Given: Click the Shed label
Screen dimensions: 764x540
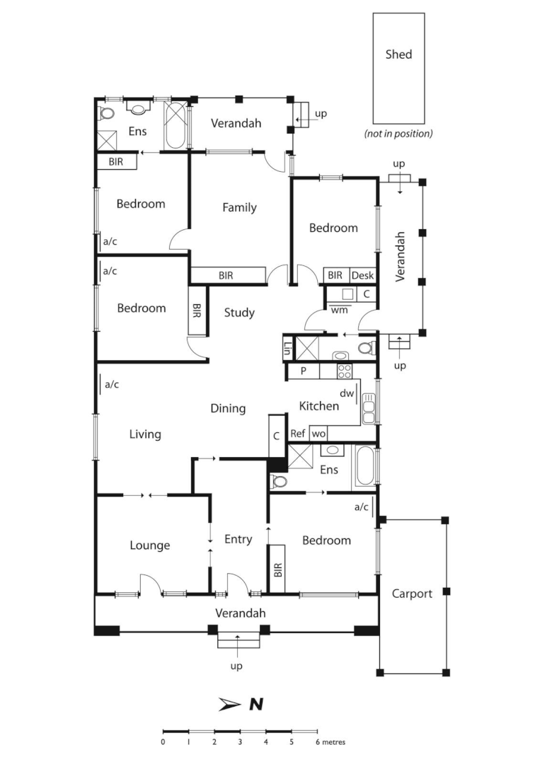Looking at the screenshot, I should tap(398, 54).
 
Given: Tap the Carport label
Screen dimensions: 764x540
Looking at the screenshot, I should tap(412, 594).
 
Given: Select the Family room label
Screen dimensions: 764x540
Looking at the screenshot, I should tap(239, 207).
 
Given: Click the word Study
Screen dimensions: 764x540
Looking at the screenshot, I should tap(239, 312).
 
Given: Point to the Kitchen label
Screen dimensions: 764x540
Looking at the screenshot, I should tap(318, 405).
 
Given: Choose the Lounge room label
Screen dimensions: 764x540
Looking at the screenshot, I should tap(149, 545).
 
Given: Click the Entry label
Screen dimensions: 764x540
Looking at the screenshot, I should tap(238, 539).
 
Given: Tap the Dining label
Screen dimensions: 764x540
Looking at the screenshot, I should tap(228, 408).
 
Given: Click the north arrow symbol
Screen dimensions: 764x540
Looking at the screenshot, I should tap(231, 703).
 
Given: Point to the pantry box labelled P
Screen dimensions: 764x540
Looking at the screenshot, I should tap(303, 371).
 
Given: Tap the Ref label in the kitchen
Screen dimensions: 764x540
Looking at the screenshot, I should tap(298, 434).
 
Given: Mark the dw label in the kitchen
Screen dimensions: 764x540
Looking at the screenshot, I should tap(346, 393).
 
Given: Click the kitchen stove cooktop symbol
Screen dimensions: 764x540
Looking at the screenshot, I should tap(345, 371).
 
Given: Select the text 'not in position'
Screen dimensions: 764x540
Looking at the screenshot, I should tap(398, 133).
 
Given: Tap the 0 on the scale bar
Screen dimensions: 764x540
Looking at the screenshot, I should tap(163, 742).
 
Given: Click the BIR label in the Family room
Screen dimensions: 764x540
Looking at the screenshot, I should tap(226, 275).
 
